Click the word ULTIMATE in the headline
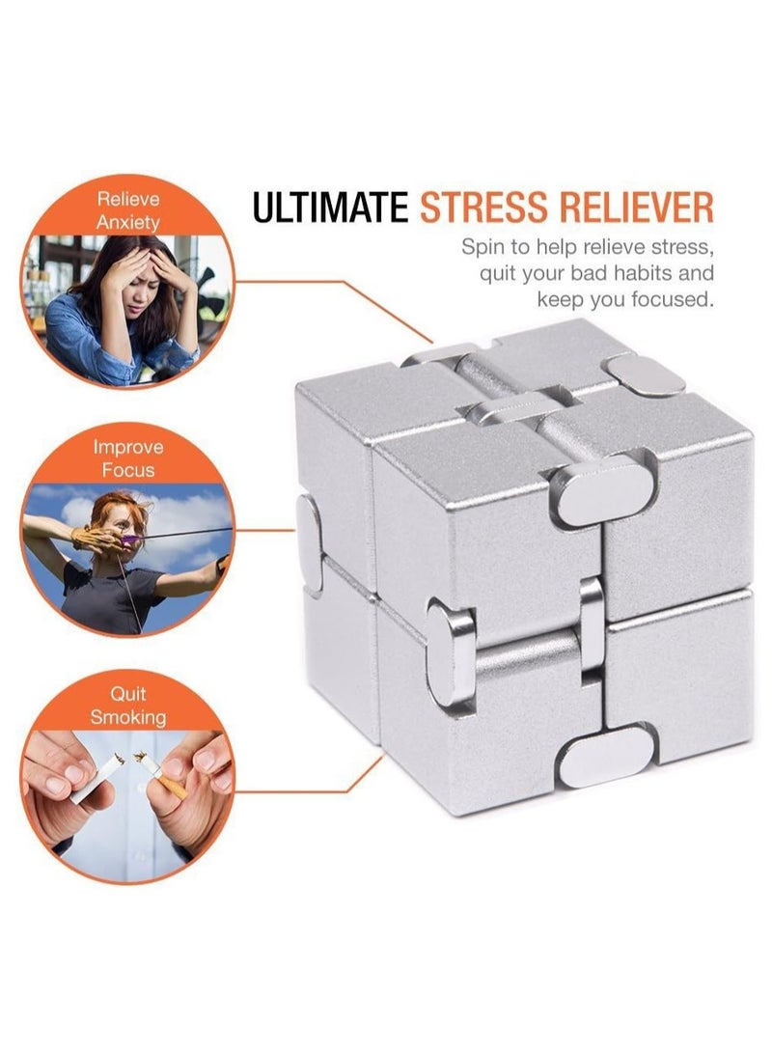(x=330, y=207)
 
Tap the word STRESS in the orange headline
(x=483, y=207)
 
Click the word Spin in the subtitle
(x=480, y=248)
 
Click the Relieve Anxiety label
(x=128, y=210)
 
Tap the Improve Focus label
(x=128, y=458)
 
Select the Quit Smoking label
(x=128, y=706)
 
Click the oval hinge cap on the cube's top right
(x=643, y=374)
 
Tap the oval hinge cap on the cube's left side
(x=309, y=544)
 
